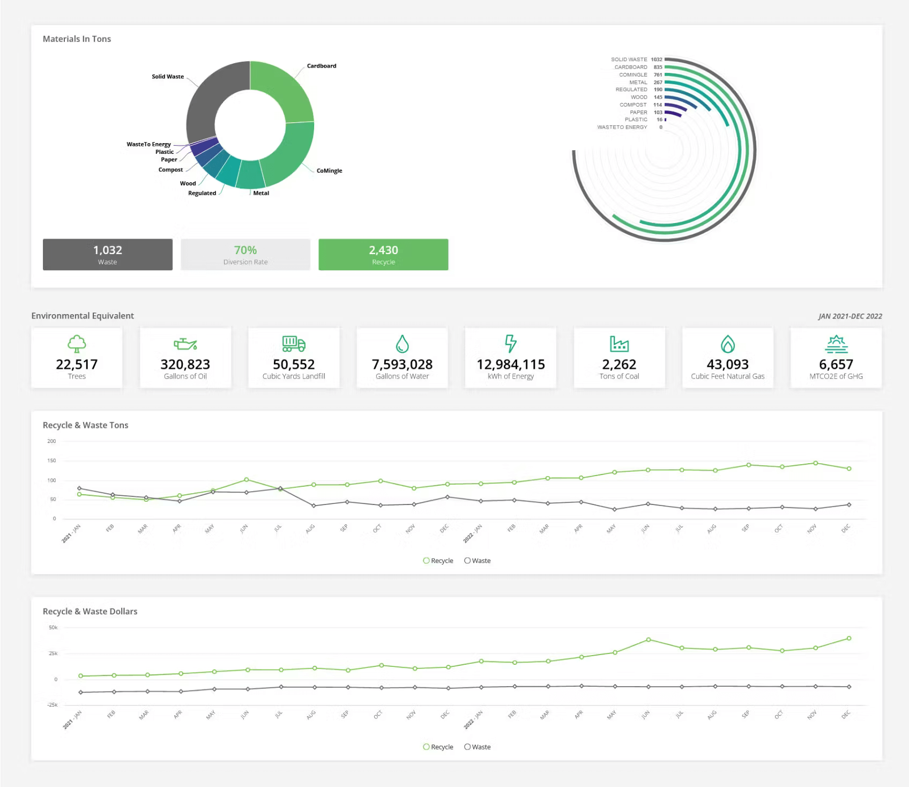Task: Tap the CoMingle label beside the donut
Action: tap(329, 170)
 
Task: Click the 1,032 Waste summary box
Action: tap(108, 255)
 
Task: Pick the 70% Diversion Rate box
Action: tap(245, 255)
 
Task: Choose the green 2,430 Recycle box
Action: tap(383, 255)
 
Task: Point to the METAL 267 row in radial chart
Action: tap(646, 82)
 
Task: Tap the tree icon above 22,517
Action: tap(77, 344)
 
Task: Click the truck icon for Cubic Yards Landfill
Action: tap(294, 344)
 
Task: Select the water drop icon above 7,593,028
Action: tap(402, 344)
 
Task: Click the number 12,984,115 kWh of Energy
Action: tap(511, 365)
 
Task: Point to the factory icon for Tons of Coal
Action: tap(619, 344)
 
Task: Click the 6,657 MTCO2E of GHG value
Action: tap(836, 365)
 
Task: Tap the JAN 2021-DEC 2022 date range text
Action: tap(850, 316)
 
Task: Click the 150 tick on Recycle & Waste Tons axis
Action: tap(51, 461)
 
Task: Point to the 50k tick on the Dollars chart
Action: tap(53, 627)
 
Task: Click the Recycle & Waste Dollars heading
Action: tap(90, 611)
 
